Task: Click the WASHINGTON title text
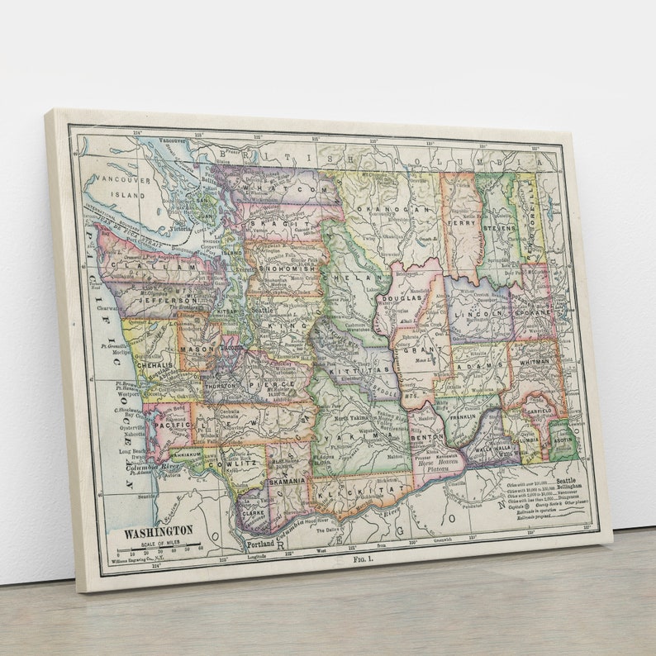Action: tap(159, 530)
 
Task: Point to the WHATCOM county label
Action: tap(280, 189)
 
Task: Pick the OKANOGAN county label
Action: tap(406, 210)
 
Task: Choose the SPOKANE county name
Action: tap(535, 315)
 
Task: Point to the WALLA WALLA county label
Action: tap(489, 449)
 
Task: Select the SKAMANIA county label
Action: tap(288, 480)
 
